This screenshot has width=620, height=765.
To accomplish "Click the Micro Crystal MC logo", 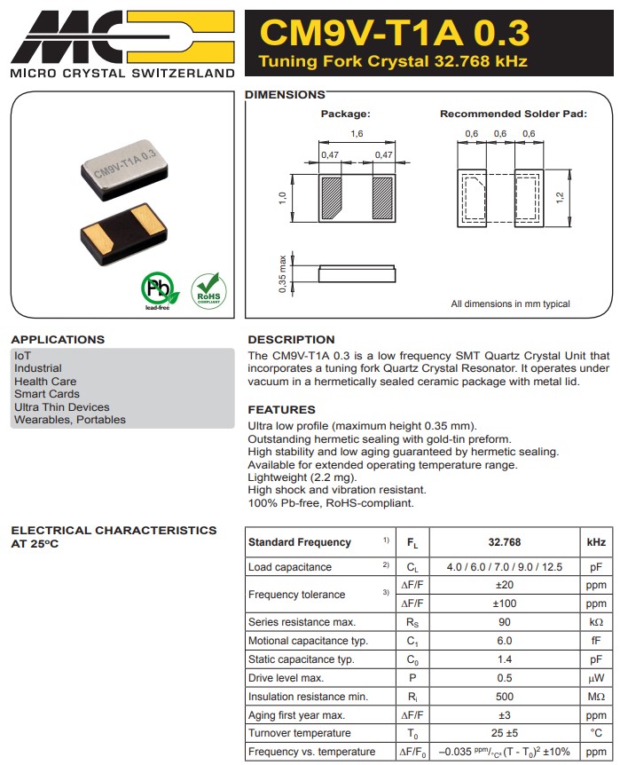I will click(x=122, y=35).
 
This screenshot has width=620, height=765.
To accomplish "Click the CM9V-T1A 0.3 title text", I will click(x=394, y=33).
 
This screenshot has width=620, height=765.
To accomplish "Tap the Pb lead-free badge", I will click(x=158, y=290).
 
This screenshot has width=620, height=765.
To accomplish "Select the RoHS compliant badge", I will click(x=208, y=290).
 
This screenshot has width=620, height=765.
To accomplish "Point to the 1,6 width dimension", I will click(x=357, y=133).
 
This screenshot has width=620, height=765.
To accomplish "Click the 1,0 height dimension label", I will click(x=282, y=197).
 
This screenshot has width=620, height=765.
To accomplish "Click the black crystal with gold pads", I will click(x=124, y=234).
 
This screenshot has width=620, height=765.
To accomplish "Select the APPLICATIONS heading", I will click(x=58, y=340).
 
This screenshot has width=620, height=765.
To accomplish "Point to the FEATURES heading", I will click(x=281, y=410).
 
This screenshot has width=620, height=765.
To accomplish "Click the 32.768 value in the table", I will click(x=505, y=543).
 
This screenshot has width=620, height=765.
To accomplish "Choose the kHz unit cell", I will click(x=596, y=543).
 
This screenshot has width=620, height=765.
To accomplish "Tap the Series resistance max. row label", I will click(x=302, y=622).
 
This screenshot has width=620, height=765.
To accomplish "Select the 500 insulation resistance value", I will click(x=505, y=697).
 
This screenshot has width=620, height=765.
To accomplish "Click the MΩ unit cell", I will click(x=596, y=697).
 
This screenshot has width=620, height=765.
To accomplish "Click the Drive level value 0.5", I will click(x=505, y=678).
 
